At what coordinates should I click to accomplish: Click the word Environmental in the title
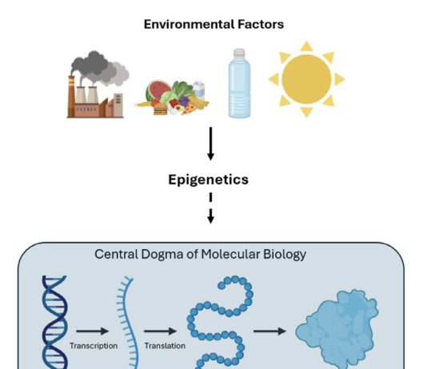click(190, 24)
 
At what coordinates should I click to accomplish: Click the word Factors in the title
click(261, 24)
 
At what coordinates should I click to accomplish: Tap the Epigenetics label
click(209, 180)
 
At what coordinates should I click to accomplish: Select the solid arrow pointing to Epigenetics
click(210, 144)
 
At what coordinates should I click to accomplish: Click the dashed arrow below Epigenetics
click(210, 208)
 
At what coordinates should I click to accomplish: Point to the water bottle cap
click(239, 52)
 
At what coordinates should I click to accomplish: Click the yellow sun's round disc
click(306, 79)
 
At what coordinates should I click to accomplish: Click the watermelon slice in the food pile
click(158, 90)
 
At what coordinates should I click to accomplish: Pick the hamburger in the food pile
click(161, 109)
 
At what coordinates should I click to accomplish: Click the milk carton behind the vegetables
click(199, 89)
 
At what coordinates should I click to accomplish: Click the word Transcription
click(94, 346)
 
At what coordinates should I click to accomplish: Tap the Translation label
click(165, 346)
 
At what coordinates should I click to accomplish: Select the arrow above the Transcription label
click(93, 331)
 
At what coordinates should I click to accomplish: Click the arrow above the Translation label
click(161, 331)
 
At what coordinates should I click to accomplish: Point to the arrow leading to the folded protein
click(269, 331)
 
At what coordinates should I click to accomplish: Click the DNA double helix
click(54, 323)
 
